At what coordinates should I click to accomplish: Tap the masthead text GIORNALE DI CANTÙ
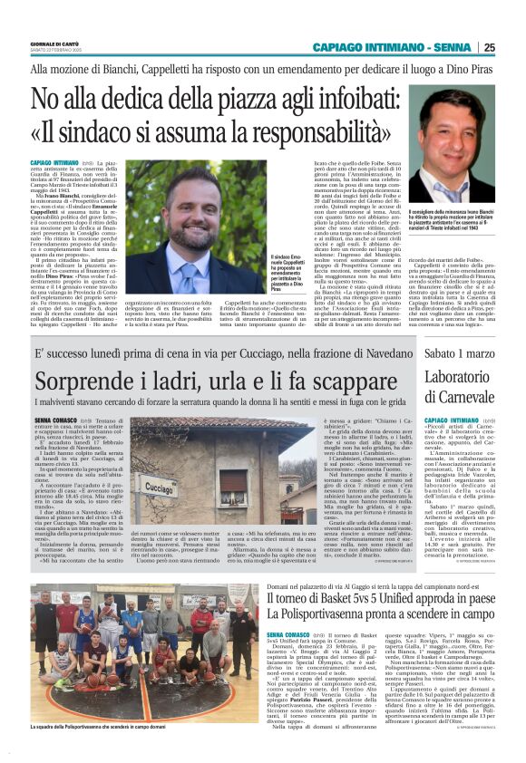tap(58, 42)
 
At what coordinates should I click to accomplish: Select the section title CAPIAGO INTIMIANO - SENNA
tap(392, 48)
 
